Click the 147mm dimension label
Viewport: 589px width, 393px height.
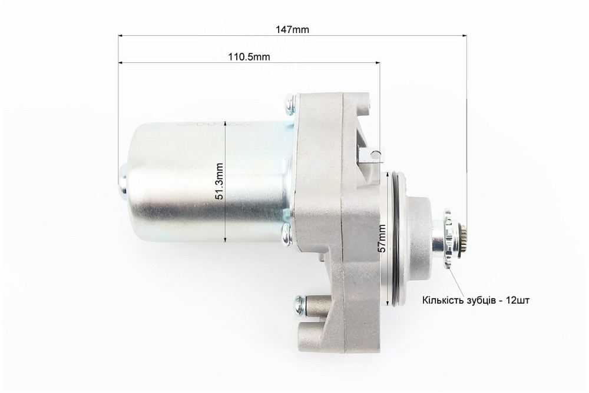point(292,29)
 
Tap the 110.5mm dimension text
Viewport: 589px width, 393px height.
point(249,56)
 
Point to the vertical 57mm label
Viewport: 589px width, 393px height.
point(382,238)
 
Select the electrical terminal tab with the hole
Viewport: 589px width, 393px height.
point(372,154)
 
